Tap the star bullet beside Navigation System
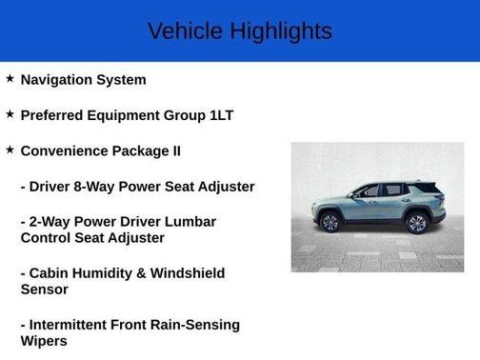point(10,79)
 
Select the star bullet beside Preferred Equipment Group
point(10,114)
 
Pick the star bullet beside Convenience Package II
point(10,150)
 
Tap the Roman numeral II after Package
point(173,150)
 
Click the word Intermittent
point(73,324)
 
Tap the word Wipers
point(44,340)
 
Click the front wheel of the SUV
point(330,224)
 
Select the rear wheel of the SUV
point(416,224)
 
